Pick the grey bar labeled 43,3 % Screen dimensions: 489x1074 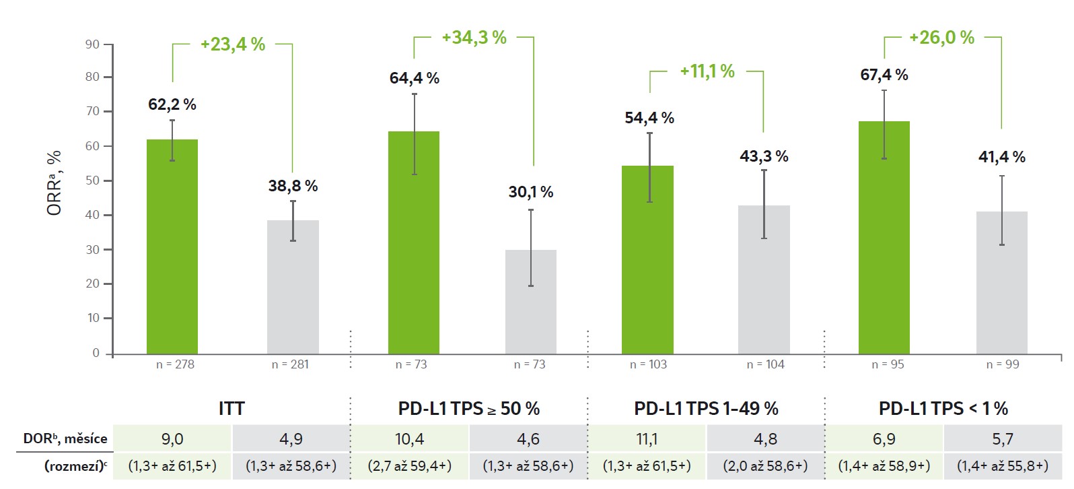(x=764, y=280)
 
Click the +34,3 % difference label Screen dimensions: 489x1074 (x=474, y=38)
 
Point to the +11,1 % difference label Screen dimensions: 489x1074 (x=707, y=71)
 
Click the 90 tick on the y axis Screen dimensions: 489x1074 (x=92, y=44)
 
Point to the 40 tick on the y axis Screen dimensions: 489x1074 (x=92, y=215)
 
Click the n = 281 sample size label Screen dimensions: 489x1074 (x=290, y=364)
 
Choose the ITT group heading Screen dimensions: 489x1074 (x=231, y=408)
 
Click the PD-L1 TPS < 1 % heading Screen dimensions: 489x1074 (x=943, y=408)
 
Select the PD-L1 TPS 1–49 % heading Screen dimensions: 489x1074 (x=706, y=408)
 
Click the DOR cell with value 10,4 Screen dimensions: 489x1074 (x=410, y=438)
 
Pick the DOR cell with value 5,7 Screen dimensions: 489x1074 (x=1003, y=438)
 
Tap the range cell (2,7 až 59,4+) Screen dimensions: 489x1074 (x=410, y=465)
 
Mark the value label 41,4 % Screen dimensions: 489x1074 (x=1001, y=157)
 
